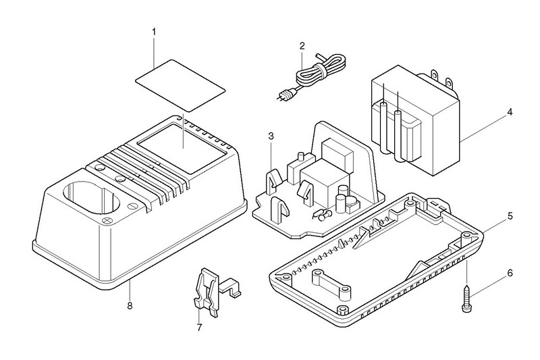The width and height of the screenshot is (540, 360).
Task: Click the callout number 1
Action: pyautogui.click(x=154, y=32)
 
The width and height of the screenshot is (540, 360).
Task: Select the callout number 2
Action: pyautogui.click(x=302, y=46)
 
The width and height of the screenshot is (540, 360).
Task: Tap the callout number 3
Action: pyautogui.click(x=270, y=136)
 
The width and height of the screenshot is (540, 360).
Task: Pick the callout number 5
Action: pyautogui.click(x=510, y=216)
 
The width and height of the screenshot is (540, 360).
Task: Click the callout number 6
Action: pyautogui.click(x=510, y=273)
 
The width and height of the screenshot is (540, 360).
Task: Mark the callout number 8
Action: pyautogui.click(x=130, y=305)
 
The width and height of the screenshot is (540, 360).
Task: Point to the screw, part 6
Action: pyautogui.click(x=466, y=295)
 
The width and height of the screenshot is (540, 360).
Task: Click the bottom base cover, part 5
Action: pyautogui.click(x=378, y=263)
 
